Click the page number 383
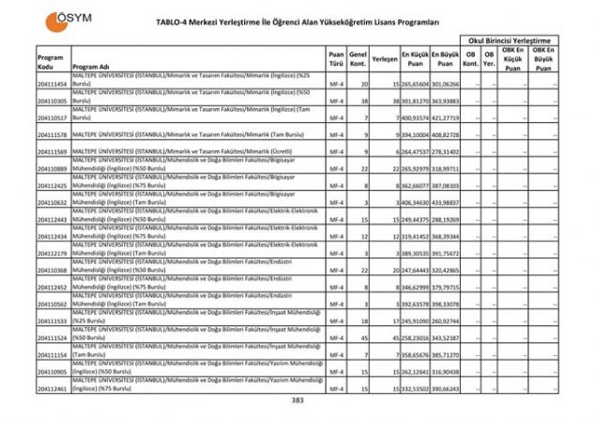[x=298, y=400]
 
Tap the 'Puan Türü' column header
[x=336, y=58]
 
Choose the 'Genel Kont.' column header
[x=358, y=58]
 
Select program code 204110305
[x=52, y=100]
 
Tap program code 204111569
[x=52, y=151]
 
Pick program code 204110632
[x=52, y=202]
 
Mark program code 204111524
[x=52, y=336]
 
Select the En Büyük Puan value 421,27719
[x=446, y=118]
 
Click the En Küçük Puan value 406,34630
[x=415, y=202]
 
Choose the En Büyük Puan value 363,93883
[x=446, y=100]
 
